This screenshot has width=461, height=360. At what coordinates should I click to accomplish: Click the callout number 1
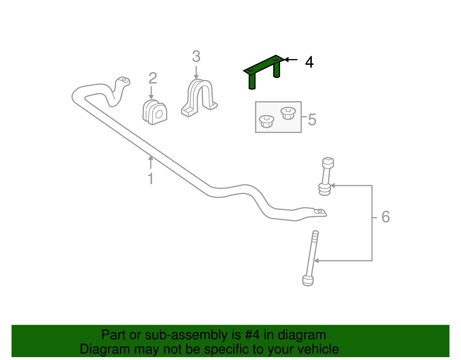[x=150, y=179]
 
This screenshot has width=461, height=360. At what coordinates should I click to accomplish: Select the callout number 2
[x=153, y=78]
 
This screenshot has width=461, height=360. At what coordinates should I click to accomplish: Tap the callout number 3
[x=196, y=56]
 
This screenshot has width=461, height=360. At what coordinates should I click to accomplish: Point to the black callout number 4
[x=309, y=62]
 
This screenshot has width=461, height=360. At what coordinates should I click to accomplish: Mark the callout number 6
[x=386, y=217]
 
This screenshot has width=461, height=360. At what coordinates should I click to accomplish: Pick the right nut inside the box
[x=288, y=113]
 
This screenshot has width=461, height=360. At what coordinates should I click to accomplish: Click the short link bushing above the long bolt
[x=326, y=176]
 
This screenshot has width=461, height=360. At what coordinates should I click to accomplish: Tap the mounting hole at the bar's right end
[x=319, y=212]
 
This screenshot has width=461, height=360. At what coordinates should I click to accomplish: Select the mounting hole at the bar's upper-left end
[x=124, y=80]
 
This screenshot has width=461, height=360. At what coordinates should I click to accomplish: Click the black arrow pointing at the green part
[x=291, y=60]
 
